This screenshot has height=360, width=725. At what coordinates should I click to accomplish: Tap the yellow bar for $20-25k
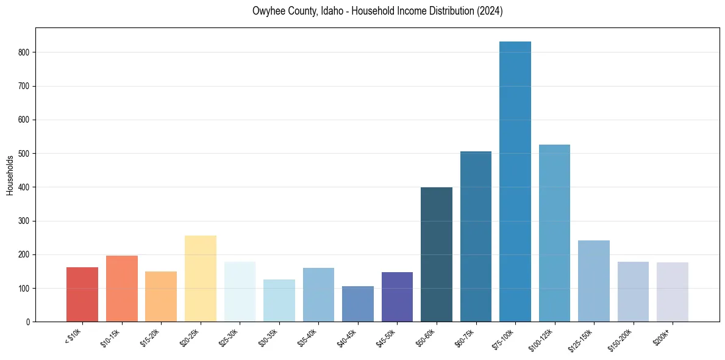pyautogui.click(x=201, y=278)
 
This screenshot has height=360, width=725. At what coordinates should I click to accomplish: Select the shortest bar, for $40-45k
pyautogui.click(x=358, y=304)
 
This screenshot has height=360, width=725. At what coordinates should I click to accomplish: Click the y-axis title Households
pyautogui.click(x=10, y=175)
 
